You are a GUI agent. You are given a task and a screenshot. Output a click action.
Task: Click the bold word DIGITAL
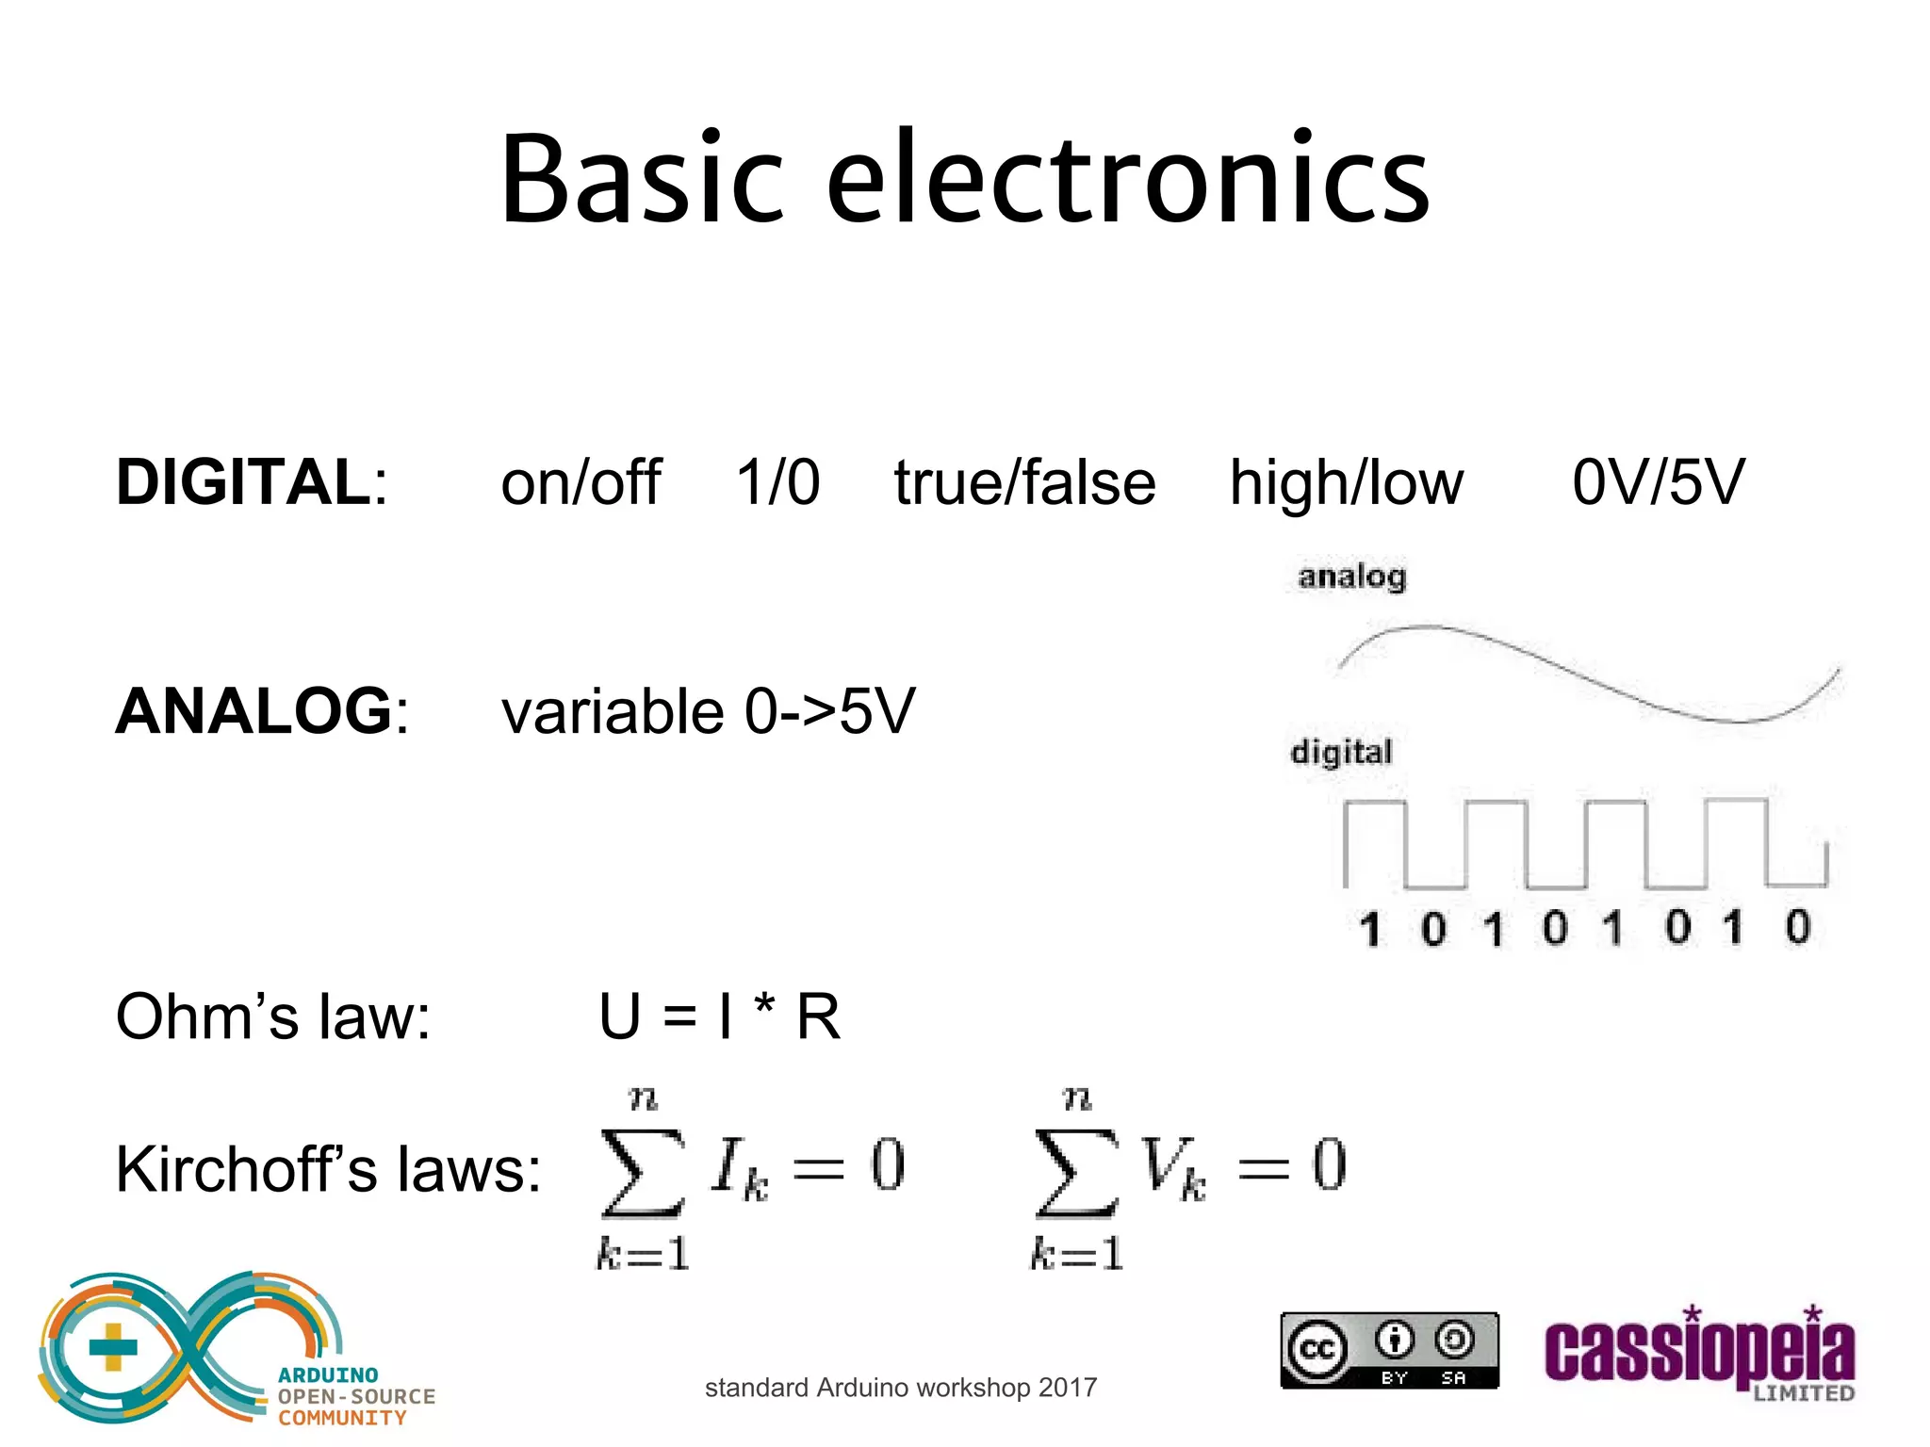click(244, 482)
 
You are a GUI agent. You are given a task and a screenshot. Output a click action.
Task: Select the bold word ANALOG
click(254, 711)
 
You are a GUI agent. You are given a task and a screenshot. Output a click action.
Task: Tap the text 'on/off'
click(581, 482)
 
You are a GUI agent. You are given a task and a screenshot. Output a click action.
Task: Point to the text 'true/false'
click(1024, 482)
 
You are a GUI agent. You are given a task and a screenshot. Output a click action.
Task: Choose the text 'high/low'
click(1347, 482)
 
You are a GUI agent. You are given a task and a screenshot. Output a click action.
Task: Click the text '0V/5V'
click(1658, 482)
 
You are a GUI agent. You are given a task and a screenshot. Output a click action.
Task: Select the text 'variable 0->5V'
click(708, 711)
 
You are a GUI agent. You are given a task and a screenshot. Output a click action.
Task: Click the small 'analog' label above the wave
click(1351, 576)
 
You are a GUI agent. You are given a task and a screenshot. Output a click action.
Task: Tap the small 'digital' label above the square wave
click(1341, 752)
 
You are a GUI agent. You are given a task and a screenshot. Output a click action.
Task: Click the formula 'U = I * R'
click(719, 1017)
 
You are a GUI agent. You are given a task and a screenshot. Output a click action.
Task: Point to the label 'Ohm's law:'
click(273, 1017)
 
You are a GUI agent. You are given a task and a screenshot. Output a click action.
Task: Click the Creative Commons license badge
click(1389, 1351)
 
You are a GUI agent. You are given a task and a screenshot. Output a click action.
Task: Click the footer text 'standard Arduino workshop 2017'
click(901, 1388)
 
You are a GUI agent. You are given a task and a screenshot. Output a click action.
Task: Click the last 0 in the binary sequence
click(1798, 927)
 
